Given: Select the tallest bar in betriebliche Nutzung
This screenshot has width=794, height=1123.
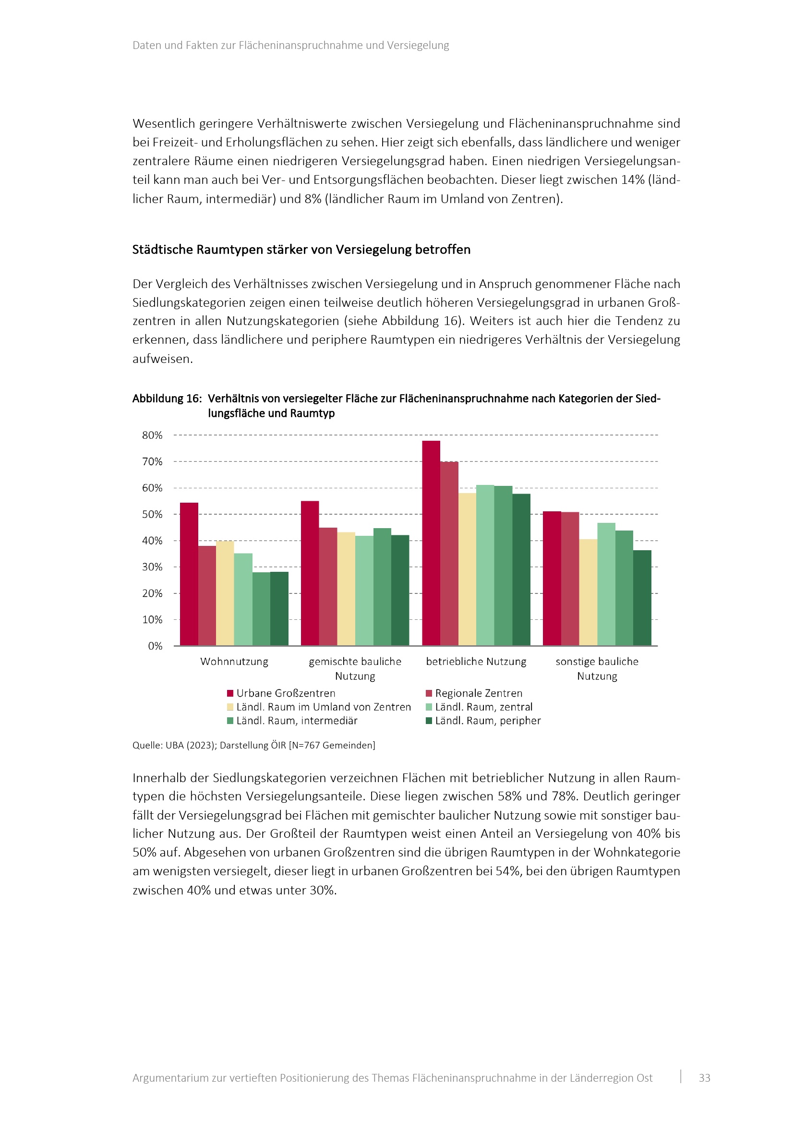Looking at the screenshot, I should click(431, 543).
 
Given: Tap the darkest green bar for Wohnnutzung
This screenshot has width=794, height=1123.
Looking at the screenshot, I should click(279, 608).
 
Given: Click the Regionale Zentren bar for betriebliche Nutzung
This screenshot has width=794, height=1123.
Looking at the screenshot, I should click(449, 553).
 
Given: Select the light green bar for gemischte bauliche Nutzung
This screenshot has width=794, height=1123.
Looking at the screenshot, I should click(364, 591).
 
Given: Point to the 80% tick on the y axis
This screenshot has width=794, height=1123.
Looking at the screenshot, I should click(152, 435).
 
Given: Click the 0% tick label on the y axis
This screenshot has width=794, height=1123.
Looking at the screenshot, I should click(155, 646).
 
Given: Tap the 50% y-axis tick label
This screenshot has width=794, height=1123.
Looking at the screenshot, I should click(152, 515).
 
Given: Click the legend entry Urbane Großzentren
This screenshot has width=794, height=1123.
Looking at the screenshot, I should click(286, 693).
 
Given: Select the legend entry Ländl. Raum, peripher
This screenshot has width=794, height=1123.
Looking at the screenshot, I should click(487, 721).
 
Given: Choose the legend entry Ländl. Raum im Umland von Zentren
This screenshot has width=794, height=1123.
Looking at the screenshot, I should click(323, 707).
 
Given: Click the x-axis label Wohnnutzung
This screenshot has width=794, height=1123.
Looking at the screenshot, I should click(234, 662).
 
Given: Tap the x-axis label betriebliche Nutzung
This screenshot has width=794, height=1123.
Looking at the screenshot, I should click(476, 662).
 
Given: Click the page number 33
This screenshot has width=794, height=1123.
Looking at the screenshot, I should click(704, 1078).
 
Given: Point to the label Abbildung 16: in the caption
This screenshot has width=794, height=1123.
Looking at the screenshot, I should click(167, 398).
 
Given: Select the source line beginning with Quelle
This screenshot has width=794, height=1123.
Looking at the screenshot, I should click(254, 745).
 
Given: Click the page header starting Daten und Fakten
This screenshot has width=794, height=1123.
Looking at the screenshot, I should click(290, 46).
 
